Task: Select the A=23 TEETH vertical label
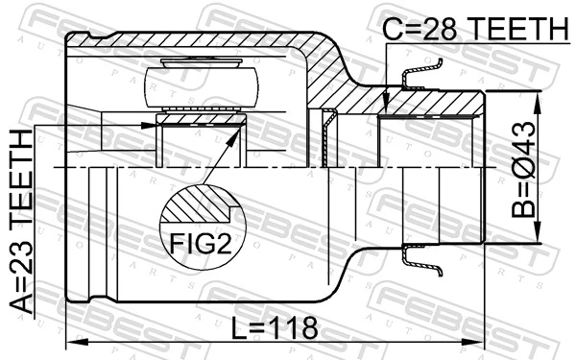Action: [20, 218]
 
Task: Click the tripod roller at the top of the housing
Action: [199, 84]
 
